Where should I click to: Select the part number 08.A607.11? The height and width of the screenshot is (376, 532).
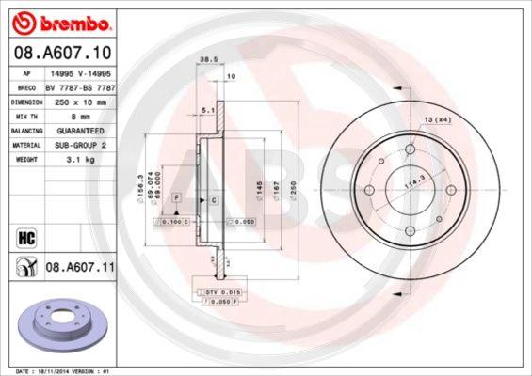click(x=80, y=267)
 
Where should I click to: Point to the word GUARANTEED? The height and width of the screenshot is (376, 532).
click(x=78, y=131)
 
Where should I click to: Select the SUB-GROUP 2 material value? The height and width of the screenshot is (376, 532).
click(x=79, y=146)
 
